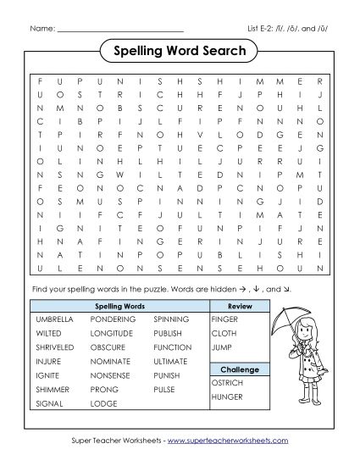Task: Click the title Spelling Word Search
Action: [179, 52]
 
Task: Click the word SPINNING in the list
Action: [172, 320]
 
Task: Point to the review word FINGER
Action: [225, 320]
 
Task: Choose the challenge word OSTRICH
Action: [227, 383]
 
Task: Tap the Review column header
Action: [241, 305]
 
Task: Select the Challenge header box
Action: [241, 369]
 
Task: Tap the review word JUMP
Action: [222, 347]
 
